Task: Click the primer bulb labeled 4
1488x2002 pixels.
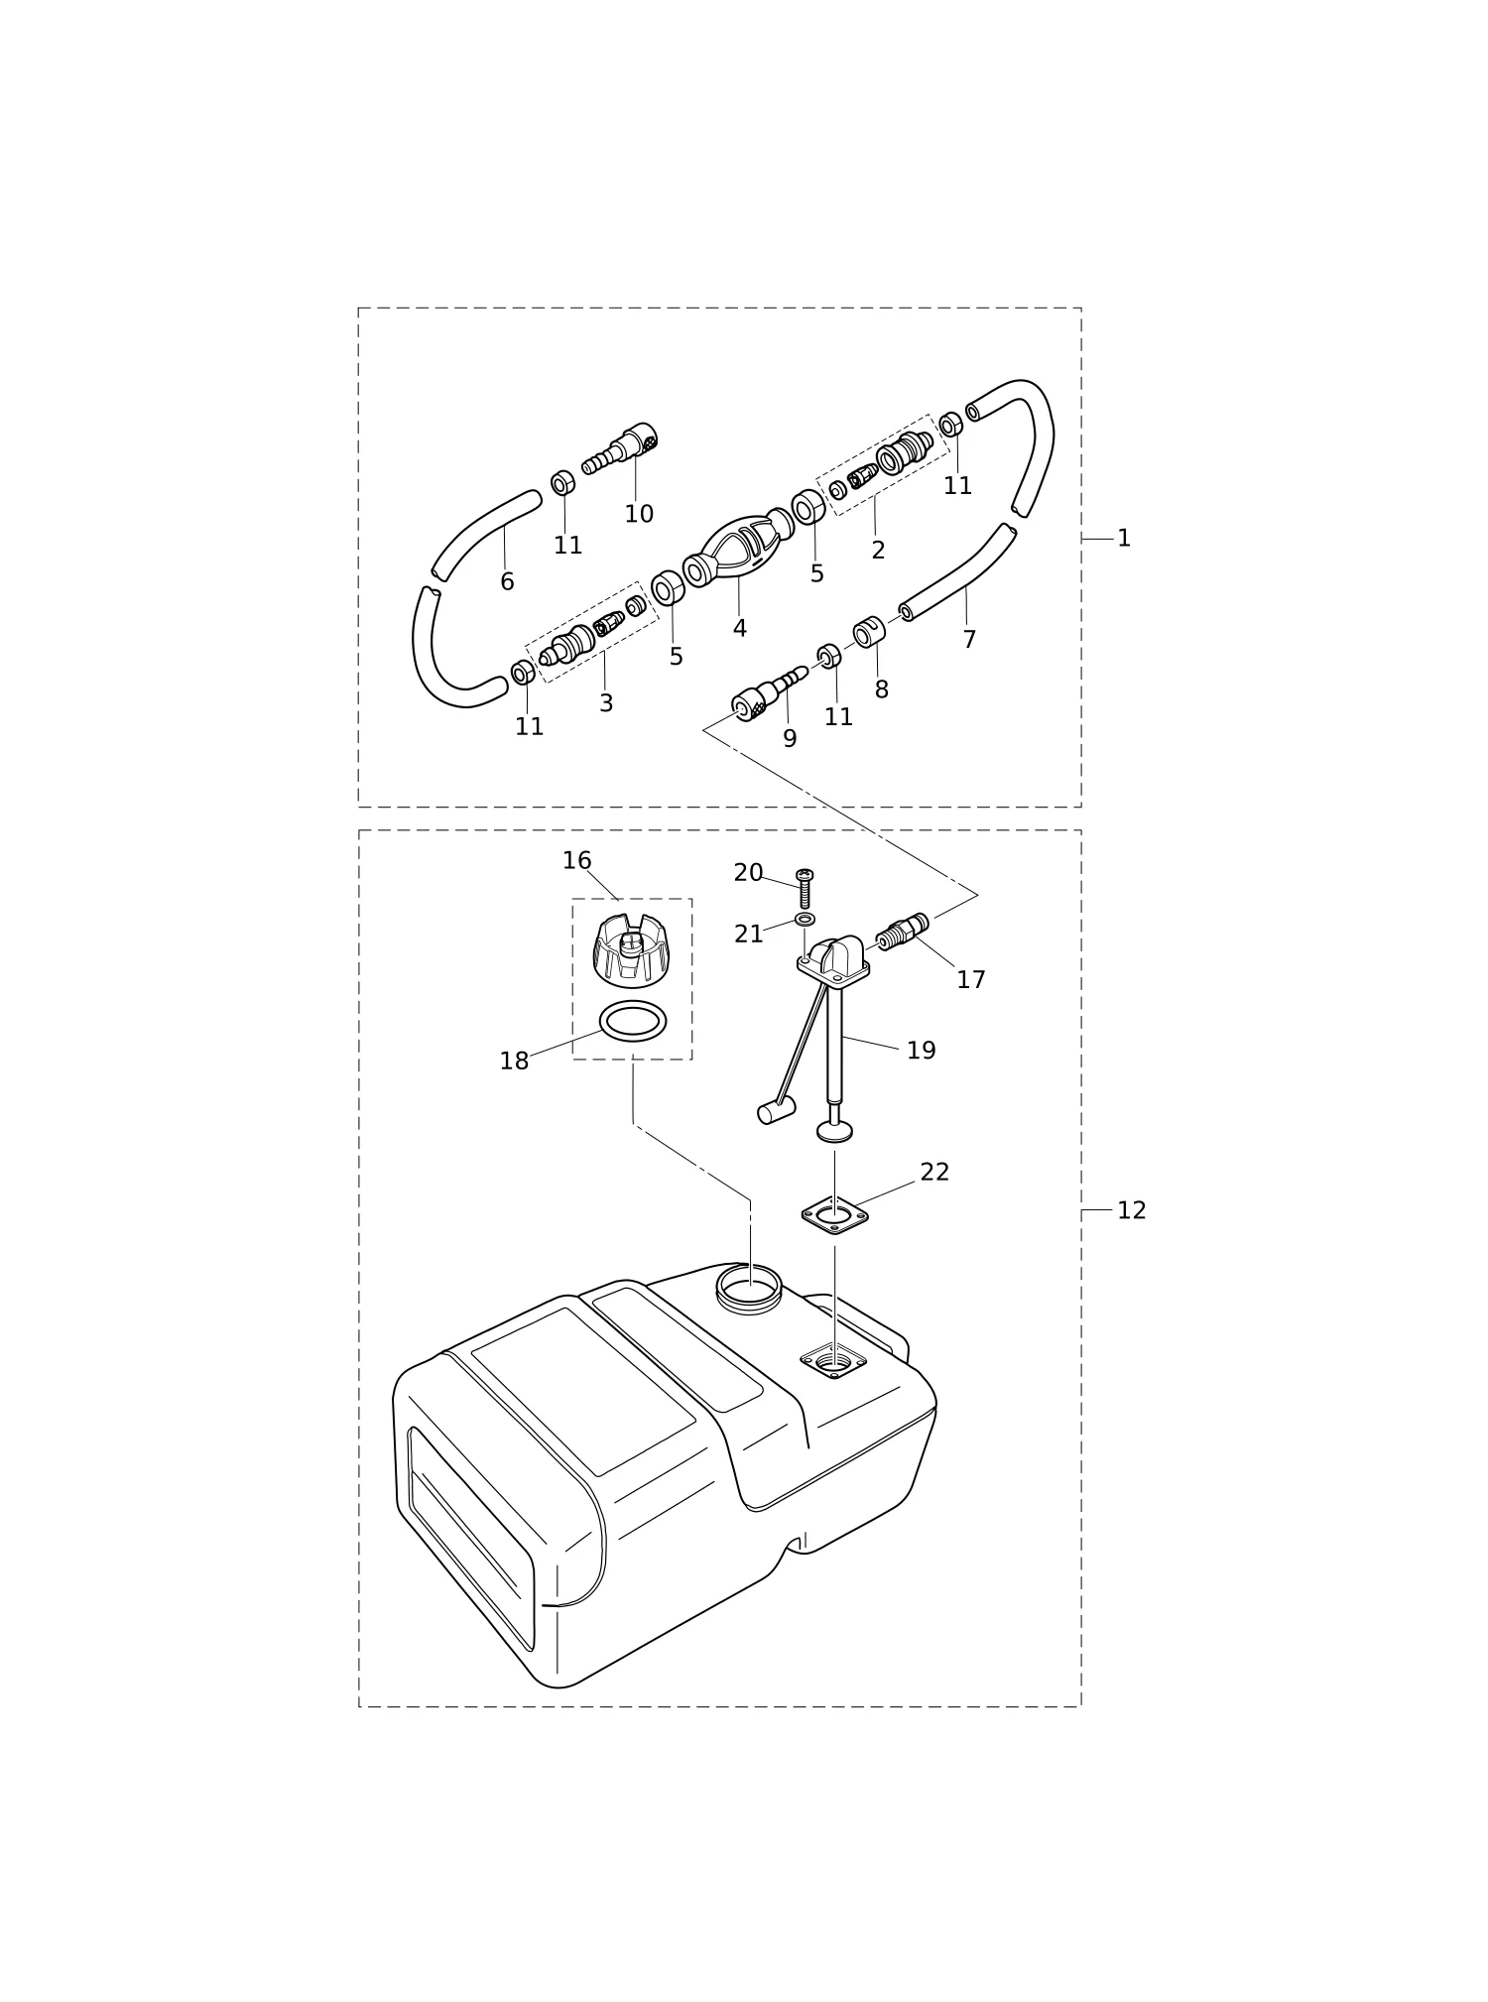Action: point(739,549)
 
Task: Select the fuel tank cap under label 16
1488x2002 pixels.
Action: point(630,950)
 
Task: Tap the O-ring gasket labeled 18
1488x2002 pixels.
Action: point(633,1021)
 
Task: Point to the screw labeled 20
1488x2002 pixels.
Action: point(805,888)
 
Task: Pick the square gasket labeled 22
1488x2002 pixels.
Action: point(834,1214)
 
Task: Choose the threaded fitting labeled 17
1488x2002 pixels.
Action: point(903,932)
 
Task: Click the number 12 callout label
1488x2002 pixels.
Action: point(1132,1210)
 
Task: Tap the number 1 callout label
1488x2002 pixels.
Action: point(1124,538)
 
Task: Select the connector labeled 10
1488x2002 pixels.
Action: point(620,449)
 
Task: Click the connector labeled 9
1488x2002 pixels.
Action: point(769,693)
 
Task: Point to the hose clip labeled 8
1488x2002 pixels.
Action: point(869,631)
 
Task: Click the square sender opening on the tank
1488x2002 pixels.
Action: point(833,1360)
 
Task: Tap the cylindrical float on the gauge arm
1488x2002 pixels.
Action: point(777,1111)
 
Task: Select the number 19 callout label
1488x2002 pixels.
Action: point(922,1051)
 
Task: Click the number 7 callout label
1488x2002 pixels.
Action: point(969,640)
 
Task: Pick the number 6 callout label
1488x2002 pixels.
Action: point(507,582)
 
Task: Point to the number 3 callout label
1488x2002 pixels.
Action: point(606,703)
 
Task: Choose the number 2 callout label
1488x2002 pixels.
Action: point(878,551)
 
